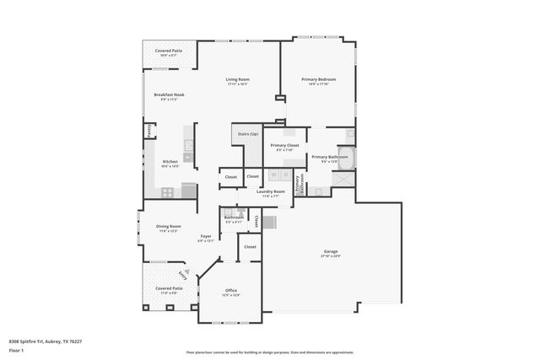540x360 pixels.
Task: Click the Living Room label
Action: point(237,79)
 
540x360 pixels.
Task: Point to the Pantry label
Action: point(150,131)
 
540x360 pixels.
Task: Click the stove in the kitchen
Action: point(168,191)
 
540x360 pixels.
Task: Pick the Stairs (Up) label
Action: point(247,133)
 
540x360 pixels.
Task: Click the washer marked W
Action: point(273,175)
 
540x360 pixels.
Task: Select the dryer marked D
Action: point(285,175)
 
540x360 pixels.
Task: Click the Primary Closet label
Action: point(284,145)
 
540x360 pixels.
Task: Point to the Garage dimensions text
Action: point(331,255)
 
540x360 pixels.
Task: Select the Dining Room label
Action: point(169,226)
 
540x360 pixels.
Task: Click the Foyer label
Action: point(206,236)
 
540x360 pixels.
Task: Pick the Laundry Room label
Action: point(271,191)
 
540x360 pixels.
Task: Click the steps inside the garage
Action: point(269,223)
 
